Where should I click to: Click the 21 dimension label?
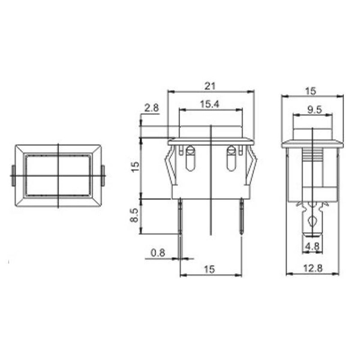point(210,86)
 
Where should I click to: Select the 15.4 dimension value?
point(210,104)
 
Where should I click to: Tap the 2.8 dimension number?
point(152,108)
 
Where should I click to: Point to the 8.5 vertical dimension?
point(135,215)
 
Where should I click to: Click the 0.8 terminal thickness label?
point(158,253)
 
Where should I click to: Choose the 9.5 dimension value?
point(315,110)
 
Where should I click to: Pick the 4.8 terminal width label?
point(312,246)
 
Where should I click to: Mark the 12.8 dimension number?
point(313,268)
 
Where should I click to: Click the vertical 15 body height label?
point(135,166)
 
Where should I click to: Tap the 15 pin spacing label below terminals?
point(209,269)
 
